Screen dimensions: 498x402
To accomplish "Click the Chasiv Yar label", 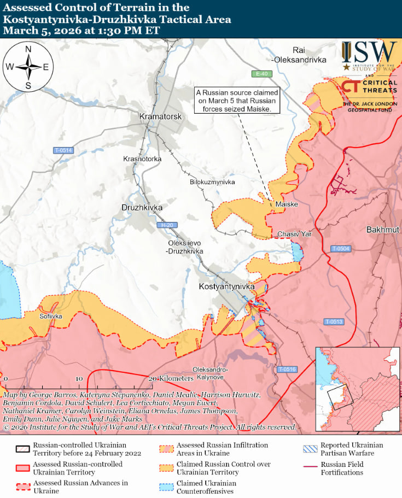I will [x=294, y=234].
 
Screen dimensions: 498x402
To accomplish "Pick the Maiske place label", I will [x=287, y=204].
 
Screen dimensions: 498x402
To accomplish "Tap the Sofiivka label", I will [x=50, y=316].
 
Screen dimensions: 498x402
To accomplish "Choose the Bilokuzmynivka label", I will [x=212, y=181].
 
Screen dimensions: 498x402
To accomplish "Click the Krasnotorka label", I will [x=142, y=159].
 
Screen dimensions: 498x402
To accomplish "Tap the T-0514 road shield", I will [x=63, y=150].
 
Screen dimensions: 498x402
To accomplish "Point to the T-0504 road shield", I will [x=341, y=249].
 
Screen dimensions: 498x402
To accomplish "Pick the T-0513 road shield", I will [x=333, y=321].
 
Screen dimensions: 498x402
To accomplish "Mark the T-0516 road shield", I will [x=286, y=370].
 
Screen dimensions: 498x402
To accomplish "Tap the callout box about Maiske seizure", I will [x=238, y=101].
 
